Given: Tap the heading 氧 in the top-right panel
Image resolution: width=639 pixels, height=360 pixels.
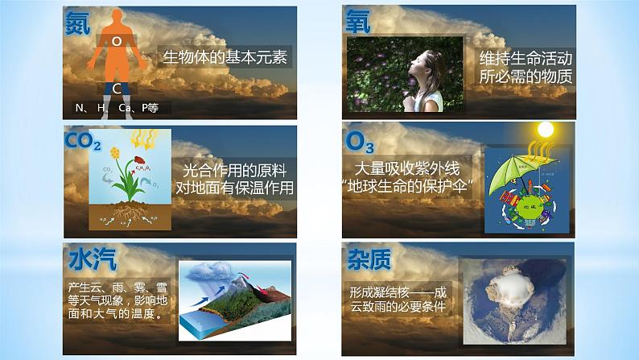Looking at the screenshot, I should tap(358, 21).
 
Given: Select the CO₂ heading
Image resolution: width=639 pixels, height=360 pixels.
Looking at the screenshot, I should tap(84, 143).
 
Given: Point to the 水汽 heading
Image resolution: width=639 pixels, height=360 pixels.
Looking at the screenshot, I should tap(92, 259).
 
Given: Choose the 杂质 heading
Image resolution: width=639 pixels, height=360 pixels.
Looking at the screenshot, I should tap(369, 259).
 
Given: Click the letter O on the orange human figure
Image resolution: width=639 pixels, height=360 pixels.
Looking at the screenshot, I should tap(117, 39).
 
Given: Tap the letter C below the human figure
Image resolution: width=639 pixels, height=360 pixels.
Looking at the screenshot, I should tap(117, 89).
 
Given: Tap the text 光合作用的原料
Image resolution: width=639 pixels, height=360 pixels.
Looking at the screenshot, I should tap(235, 171).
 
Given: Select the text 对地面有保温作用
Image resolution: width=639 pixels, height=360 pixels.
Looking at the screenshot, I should tap(235, 189).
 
